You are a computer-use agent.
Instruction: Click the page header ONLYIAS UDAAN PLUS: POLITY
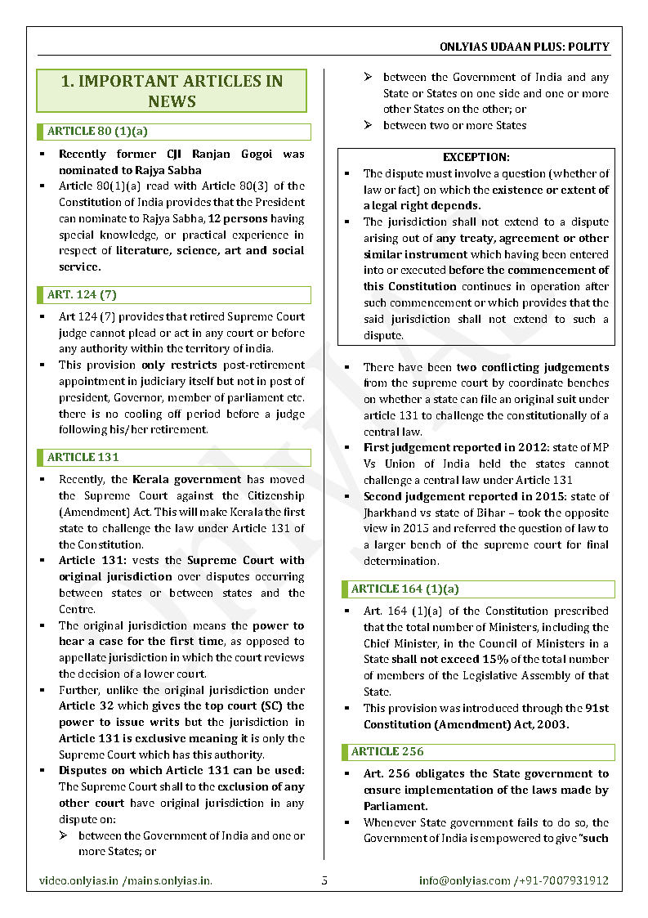click(x=524, y=47)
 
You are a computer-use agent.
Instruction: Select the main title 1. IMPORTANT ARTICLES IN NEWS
click(x=172, y=91)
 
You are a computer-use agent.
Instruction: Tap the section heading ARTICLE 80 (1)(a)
click(x=97, y=131)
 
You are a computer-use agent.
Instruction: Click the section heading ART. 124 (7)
click(x=82, y=294)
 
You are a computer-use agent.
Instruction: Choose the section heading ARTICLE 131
click(x=83, y=457)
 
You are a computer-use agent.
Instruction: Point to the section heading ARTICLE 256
click(x=387, y=751)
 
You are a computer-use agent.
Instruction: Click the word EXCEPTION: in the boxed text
click(x=476, y=157)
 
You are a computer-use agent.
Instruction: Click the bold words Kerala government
click(x=186, y=480)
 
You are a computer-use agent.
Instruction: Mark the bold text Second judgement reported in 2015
click(x=440, y=496)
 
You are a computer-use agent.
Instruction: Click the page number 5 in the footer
click(x=324, y=880)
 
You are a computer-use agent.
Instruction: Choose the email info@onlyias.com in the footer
click(x=464, y=880)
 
